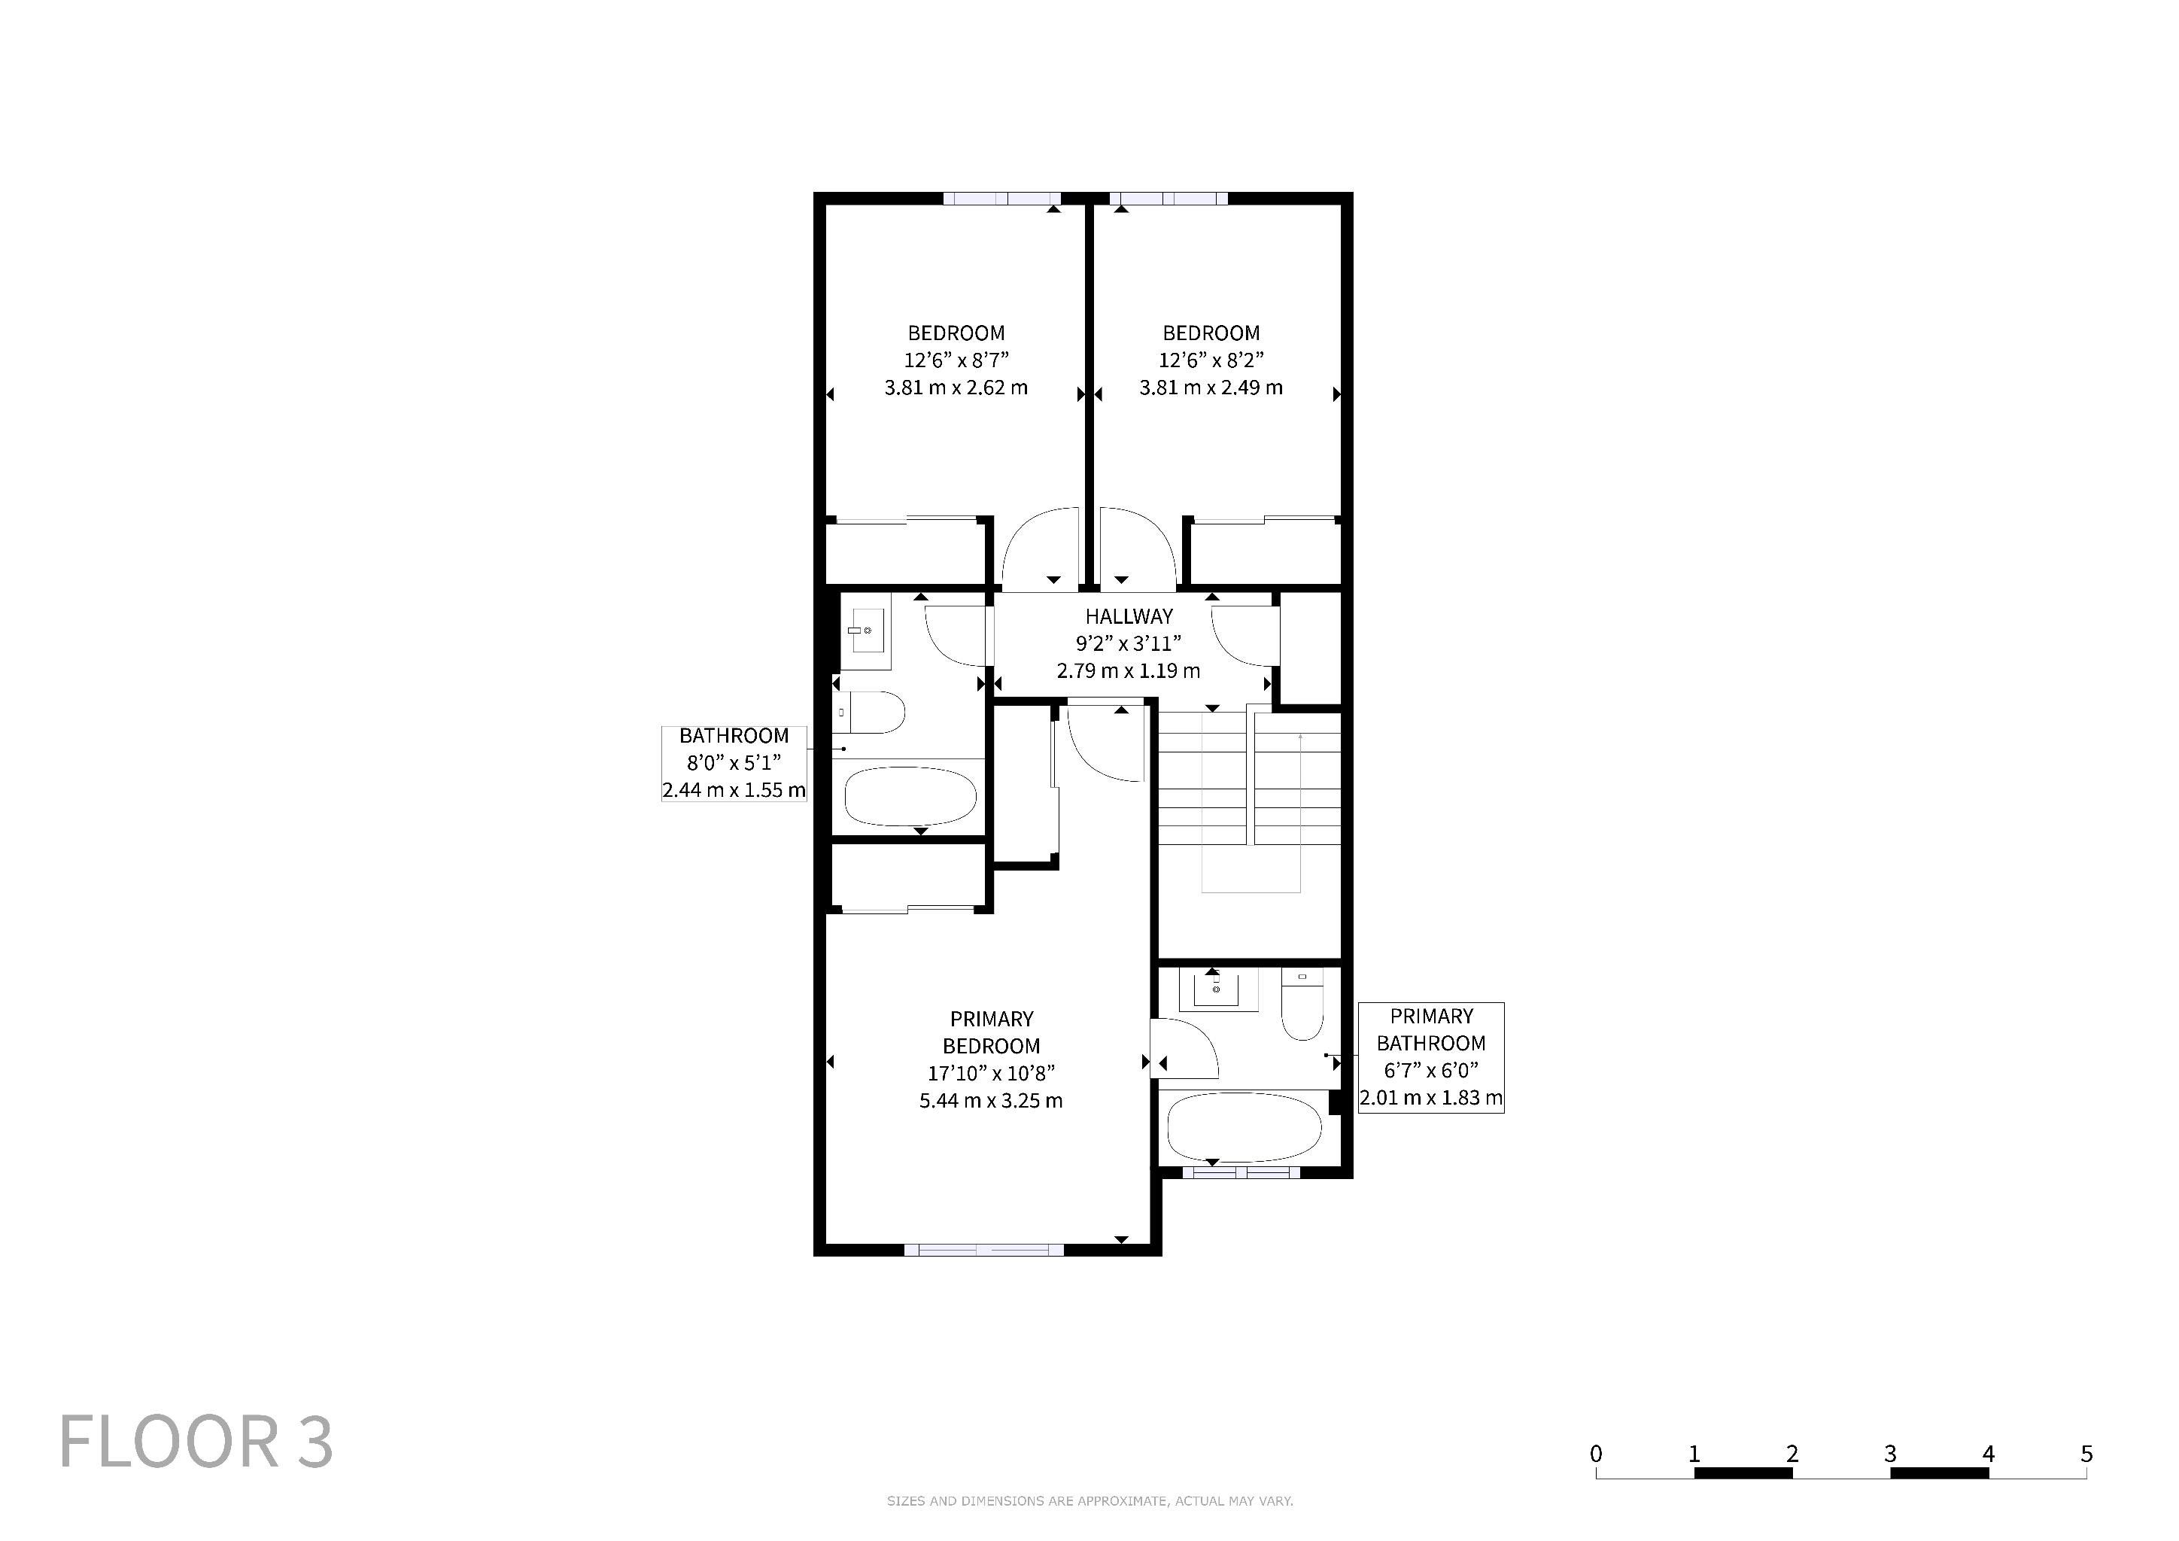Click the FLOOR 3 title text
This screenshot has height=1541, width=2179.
[x=196, y=1442]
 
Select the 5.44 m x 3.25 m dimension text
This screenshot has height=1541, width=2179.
[x=991, y=1101]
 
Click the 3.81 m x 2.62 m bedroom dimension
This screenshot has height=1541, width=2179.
[x=956, y=388]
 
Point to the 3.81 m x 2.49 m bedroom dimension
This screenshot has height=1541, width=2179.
[x=1211, y=388]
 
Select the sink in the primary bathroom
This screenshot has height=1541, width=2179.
[x=1219, y=989]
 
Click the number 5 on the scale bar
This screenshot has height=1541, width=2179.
[x=2086, y=1454]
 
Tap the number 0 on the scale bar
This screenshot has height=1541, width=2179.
[x=1597, y=1454]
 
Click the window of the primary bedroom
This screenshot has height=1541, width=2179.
[x=984, y=1250]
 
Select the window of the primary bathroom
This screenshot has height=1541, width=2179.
[x=1241, y=1172]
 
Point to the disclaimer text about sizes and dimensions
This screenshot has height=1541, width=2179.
[x=1089, y=1501]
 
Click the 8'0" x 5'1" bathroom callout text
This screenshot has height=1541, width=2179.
[x=734, y=762]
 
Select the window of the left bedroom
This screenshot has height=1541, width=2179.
[x=1002, y=199]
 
